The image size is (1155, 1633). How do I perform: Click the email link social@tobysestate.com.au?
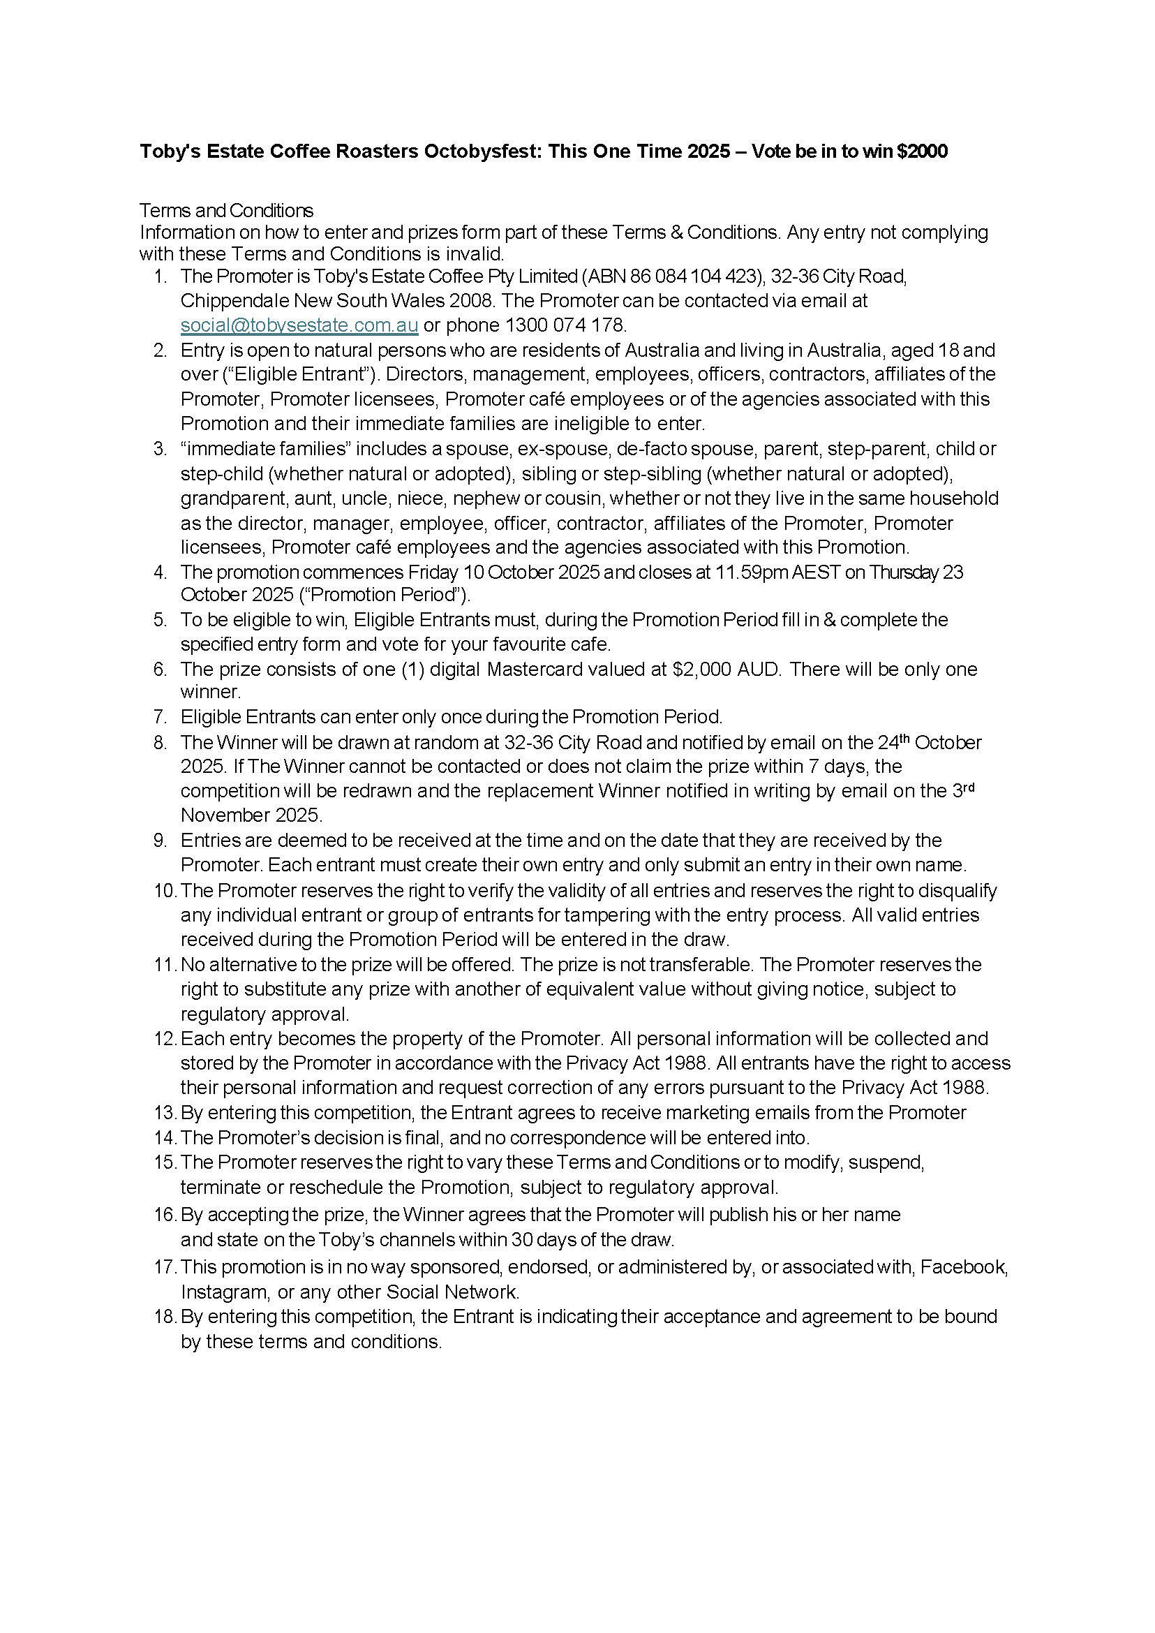click(x=299, y=325)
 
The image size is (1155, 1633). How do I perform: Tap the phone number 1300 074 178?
click(x=565, y=325)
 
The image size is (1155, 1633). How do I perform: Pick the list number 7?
click(x=160, y=716)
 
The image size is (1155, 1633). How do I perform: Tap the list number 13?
click(x=164, y=1112)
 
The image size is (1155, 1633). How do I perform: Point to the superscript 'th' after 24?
click(x=903, y=738)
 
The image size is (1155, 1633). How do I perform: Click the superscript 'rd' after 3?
click(x=968, y=787)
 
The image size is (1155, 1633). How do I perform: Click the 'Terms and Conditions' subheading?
click(x=226, y=211)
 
